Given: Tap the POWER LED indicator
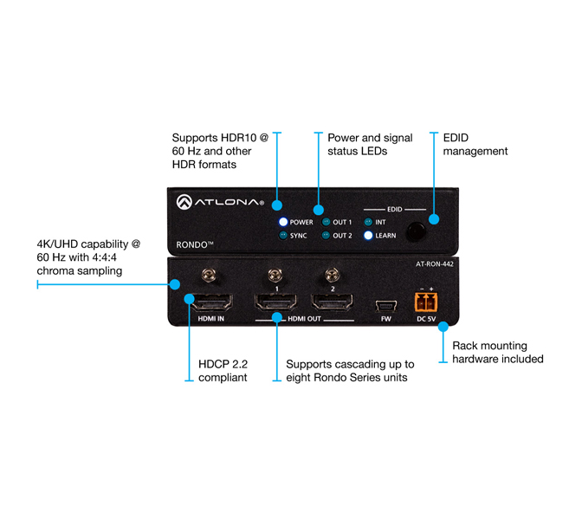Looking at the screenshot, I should click(x=282, y=222).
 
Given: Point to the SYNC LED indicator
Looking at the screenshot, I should click(x=282, y=235).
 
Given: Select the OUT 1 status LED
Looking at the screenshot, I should click(x=327, y=222).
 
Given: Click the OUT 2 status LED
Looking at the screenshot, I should click(x=327, y=235).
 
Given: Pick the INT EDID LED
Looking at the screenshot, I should click(x=368, y=222).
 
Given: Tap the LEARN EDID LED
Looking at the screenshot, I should click(x=368, y=235).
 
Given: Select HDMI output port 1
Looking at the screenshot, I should click(x=275, y=303).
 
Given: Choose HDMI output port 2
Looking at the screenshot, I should click(x=330, y=303).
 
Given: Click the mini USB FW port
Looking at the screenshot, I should click(x=385, y=304).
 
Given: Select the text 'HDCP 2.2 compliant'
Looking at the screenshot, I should click(x=223, y=371).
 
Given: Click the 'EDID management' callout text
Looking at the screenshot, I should click(x=475, y=144).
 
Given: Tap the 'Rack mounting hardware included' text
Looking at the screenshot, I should click(x=498, y=352).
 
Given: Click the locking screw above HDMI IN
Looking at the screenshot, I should click(x=208, y=276).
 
